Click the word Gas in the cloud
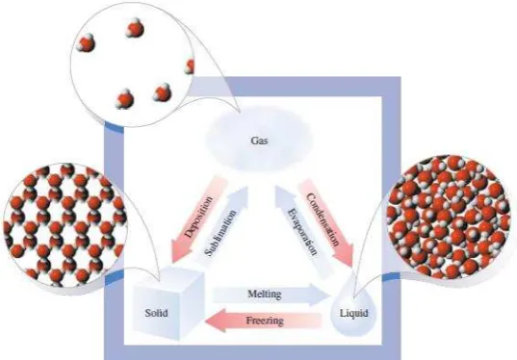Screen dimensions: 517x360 coord(260,141)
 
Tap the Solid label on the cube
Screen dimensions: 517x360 coord(156,313)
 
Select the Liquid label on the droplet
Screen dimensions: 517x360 coord(353,313)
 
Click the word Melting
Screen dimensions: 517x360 coord(265,294)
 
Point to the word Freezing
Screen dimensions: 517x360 coord(265,321)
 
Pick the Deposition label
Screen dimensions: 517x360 coord(198,217)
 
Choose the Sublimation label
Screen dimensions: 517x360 coord(220,233)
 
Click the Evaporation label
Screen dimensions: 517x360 coord(302,232)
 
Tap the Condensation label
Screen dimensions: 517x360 coord(323,219)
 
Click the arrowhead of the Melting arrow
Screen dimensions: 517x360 coord(322,295)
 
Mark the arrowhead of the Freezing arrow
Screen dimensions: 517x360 coord(216,321)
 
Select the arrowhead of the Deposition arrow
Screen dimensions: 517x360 coord(180,253)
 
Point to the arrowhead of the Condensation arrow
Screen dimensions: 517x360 coord(345,257)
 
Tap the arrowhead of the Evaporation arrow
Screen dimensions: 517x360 coord(283,195)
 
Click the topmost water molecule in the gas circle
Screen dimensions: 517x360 coord(135,28)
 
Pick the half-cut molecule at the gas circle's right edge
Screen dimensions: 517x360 coord(190,66)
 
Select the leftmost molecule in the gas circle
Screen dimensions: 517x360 coord(86,43)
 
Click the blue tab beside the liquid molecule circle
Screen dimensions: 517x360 coord(392,277)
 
